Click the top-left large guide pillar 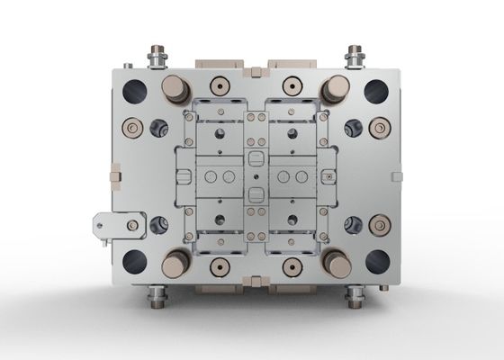pyautogui.click(x=172, y=88)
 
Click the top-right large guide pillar pyautogui.click(x=335, y=88)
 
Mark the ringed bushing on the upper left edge pyautogui.click(x=132, y=130)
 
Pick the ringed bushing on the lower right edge pyautogui.click(x=378, y=222)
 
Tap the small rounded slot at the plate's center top pyautogui.click(x=253, y=157)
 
